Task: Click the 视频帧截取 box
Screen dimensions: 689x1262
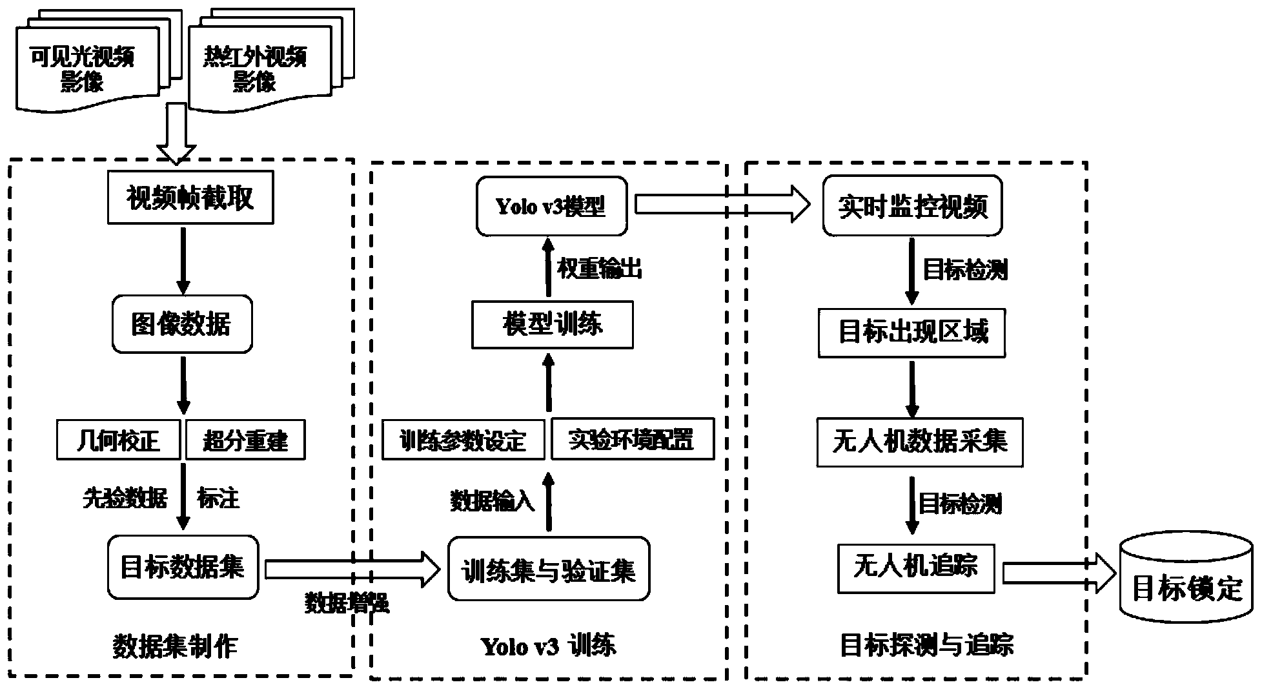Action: (190, 198)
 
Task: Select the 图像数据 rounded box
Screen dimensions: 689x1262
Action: (181, 324)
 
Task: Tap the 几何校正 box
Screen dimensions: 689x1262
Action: (117, 440)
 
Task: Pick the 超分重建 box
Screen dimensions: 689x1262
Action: (245, 440)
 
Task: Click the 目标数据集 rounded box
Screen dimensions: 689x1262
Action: (183, 567)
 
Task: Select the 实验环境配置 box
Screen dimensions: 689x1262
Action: (632, 439)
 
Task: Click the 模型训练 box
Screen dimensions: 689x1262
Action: (552, 324)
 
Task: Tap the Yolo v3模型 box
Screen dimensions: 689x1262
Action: (551, 206)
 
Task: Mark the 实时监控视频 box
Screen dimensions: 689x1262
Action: (911, 206)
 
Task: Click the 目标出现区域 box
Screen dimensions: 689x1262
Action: (911, 333)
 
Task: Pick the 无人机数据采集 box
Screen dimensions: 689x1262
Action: (919, 442)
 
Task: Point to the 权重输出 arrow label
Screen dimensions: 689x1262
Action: (600, 269)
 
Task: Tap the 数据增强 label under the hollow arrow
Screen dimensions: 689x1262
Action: (347, 603)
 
